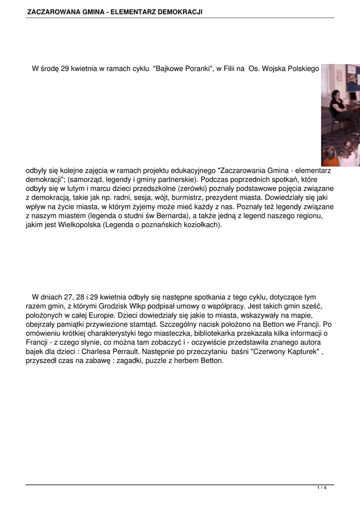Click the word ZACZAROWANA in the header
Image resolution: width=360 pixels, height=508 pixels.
(51, 11)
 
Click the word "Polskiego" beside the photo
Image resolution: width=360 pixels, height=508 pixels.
(304, 70)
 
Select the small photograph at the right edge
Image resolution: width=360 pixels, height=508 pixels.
(340, 115)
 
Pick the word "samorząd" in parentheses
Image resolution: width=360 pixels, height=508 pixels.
(88, 180)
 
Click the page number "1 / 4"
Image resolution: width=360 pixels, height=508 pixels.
(322, 488)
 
